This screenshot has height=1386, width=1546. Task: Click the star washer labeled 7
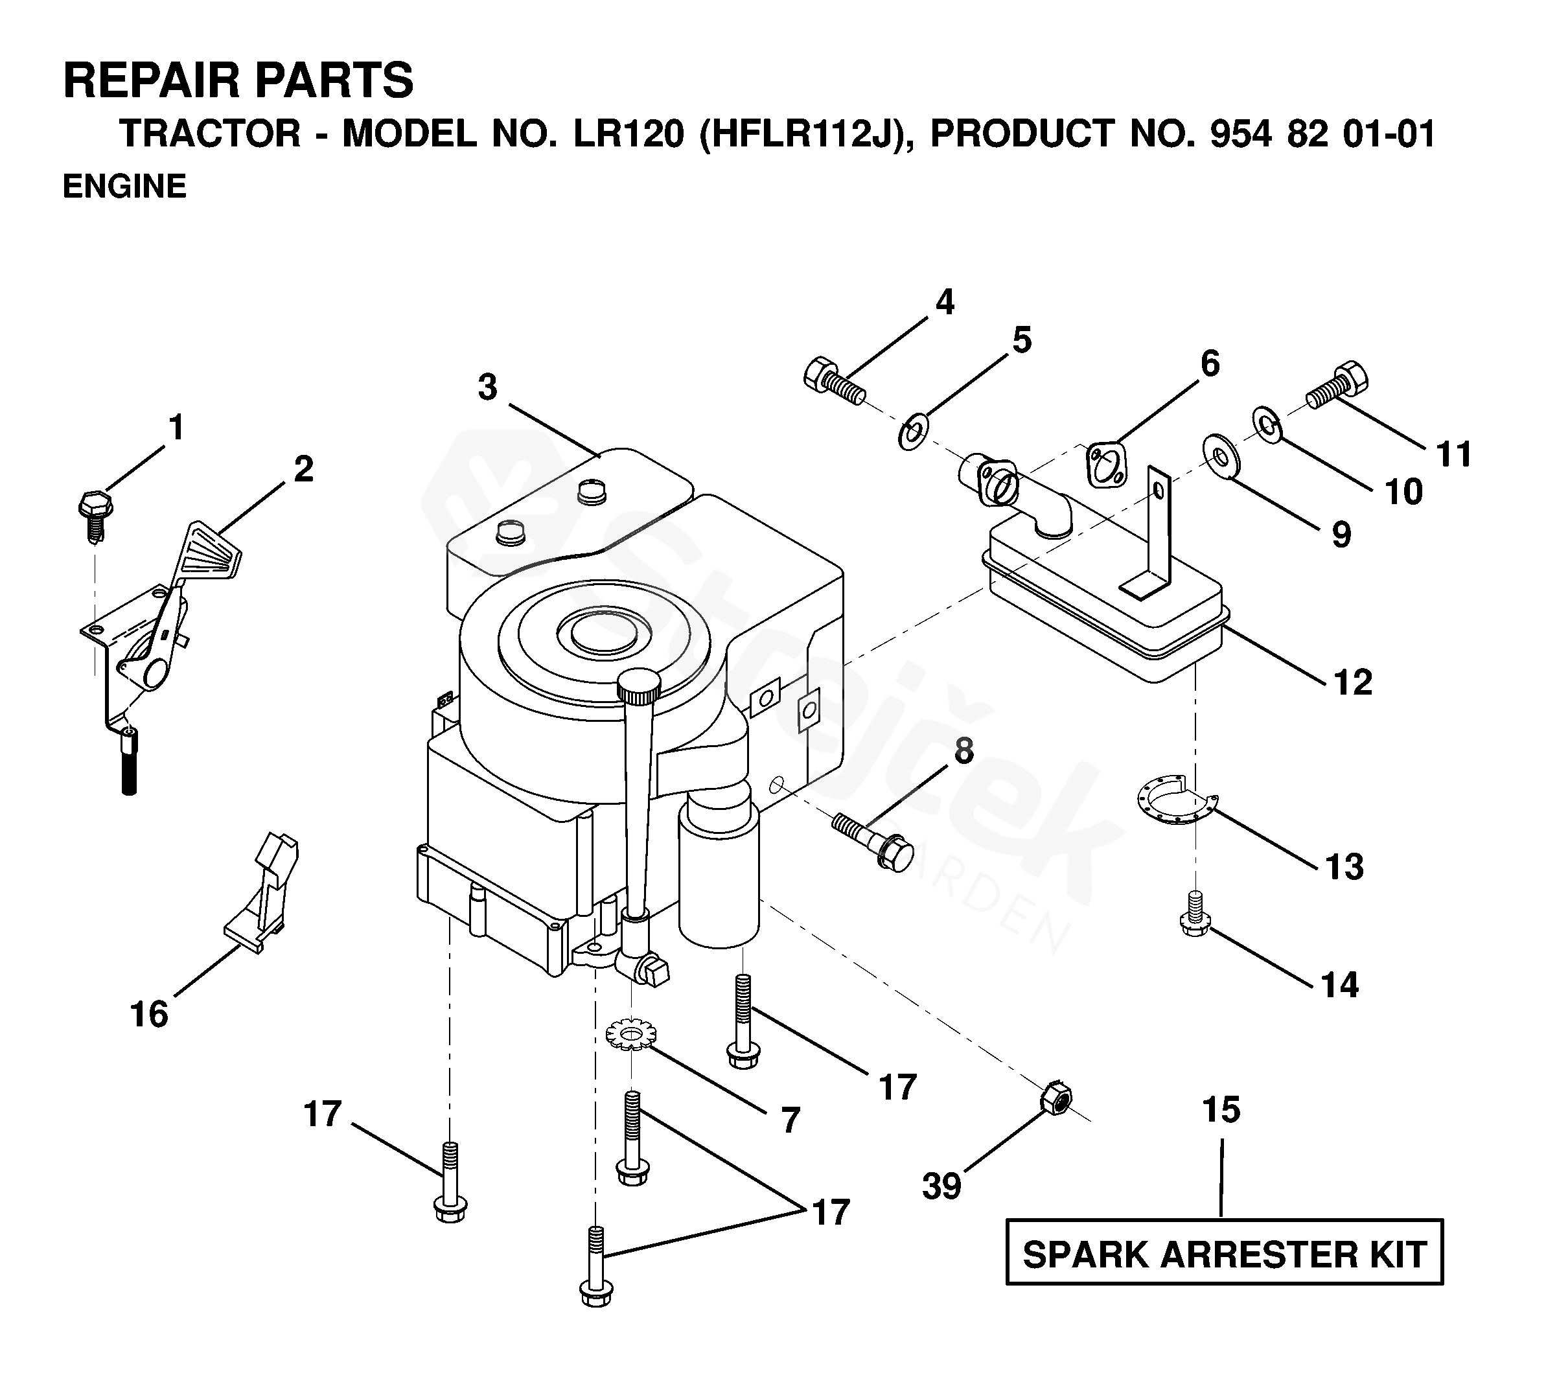625,1037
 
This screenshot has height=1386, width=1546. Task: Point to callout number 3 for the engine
487,387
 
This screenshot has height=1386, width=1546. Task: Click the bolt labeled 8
872,842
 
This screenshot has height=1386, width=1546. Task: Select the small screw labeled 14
1195,914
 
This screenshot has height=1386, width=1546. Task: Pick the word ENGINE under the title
124,186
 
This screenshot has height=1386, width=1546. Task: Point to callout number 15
1221,1109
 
